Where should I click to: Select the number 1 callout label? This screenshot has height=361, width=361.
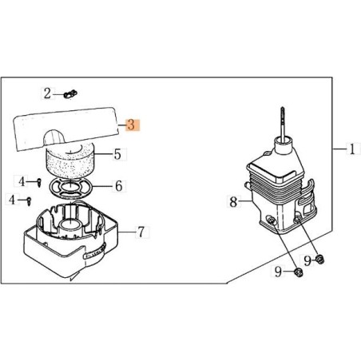pyautogui.click(x=352, y=149)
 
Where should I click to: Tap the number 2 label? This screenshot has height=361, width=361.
pyautogui.click(x=47, y=93)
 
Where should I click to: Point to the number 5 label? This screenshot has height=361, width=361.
pyautogui.click(x=117, y=154)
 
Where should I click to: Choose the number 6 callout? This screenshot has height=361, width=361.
pyautogui.click(x=118, y=185)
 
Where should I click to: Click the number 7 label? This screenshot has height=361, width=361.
pyautogui.click(x=141, y=232)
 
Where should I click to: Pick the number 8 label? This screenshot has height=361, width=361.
pyautogui.click(x=233, y=201)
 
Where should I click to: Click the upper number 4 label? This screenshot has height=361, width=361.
pyautogui.click(x=22, y=181)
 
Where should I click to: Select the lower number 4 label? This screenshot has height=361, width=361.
pyautogui.click(x=12, y=199)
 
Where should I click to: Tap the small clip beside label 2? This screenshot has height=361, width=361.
pyautogui.click(x=70, y=94)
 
